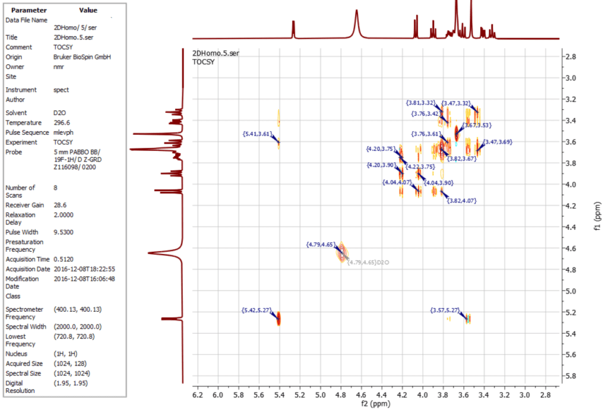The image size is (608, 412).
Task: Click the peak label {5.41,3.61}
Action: [257, 134]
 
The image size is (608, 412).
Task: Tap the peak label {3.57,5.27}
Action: [445, 310]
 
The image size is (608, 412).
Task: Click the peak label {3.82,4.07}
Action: [461, 201]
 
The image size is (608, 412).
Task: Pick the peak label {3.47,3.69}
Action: [498, 142]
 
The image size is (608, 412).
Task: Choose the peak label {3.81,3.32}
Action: [421, 103]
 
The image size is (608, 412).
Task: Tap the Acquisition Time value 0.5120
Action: [64, 259]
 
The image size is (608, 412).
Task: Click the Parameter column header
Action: [28, 10]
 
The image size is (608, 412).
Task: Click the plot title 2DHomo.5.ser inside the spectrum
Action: [216, 53]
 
